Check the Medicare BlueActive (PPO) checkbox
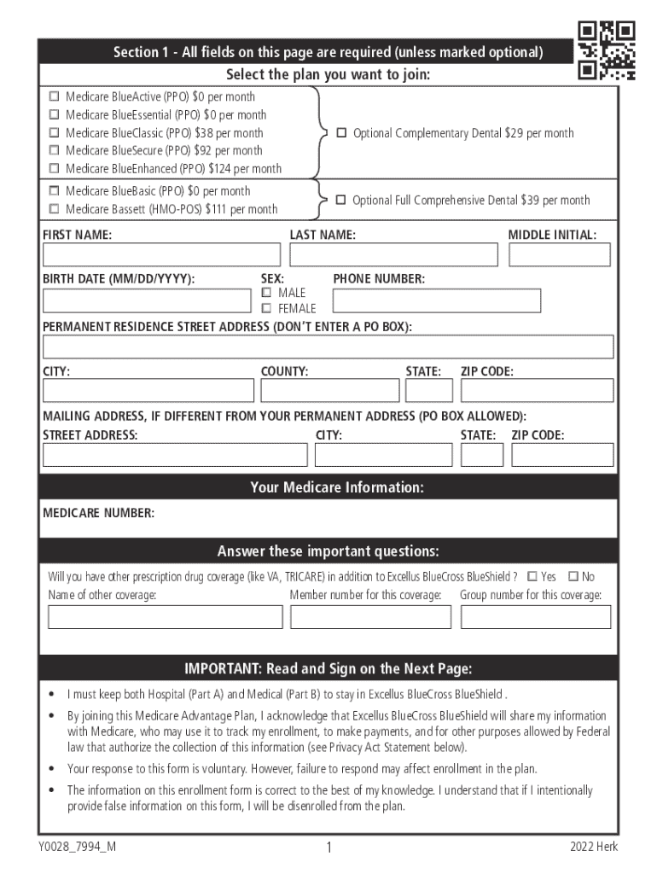55,97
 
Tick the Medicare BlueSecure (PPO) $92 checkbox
55,151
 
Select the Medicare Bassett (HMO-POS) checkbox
55,209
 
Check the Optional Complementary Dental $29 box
341,133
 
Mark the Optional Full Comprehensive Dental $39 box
340,200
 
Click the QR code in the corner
607,50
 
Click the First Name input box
161,254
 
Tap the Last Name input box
393,254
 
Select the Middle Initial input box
560,254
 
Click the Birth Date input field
147,300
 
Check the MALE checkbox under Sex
266,294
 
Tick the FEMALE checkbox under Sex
266,309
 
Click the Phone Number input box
436,300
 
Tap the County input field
329,390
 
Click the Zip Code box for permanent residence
537,390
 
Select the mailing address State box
482,455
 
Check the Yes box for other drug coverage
532,577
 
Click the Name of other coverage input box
165,617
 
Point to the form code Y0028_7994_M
77,847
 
